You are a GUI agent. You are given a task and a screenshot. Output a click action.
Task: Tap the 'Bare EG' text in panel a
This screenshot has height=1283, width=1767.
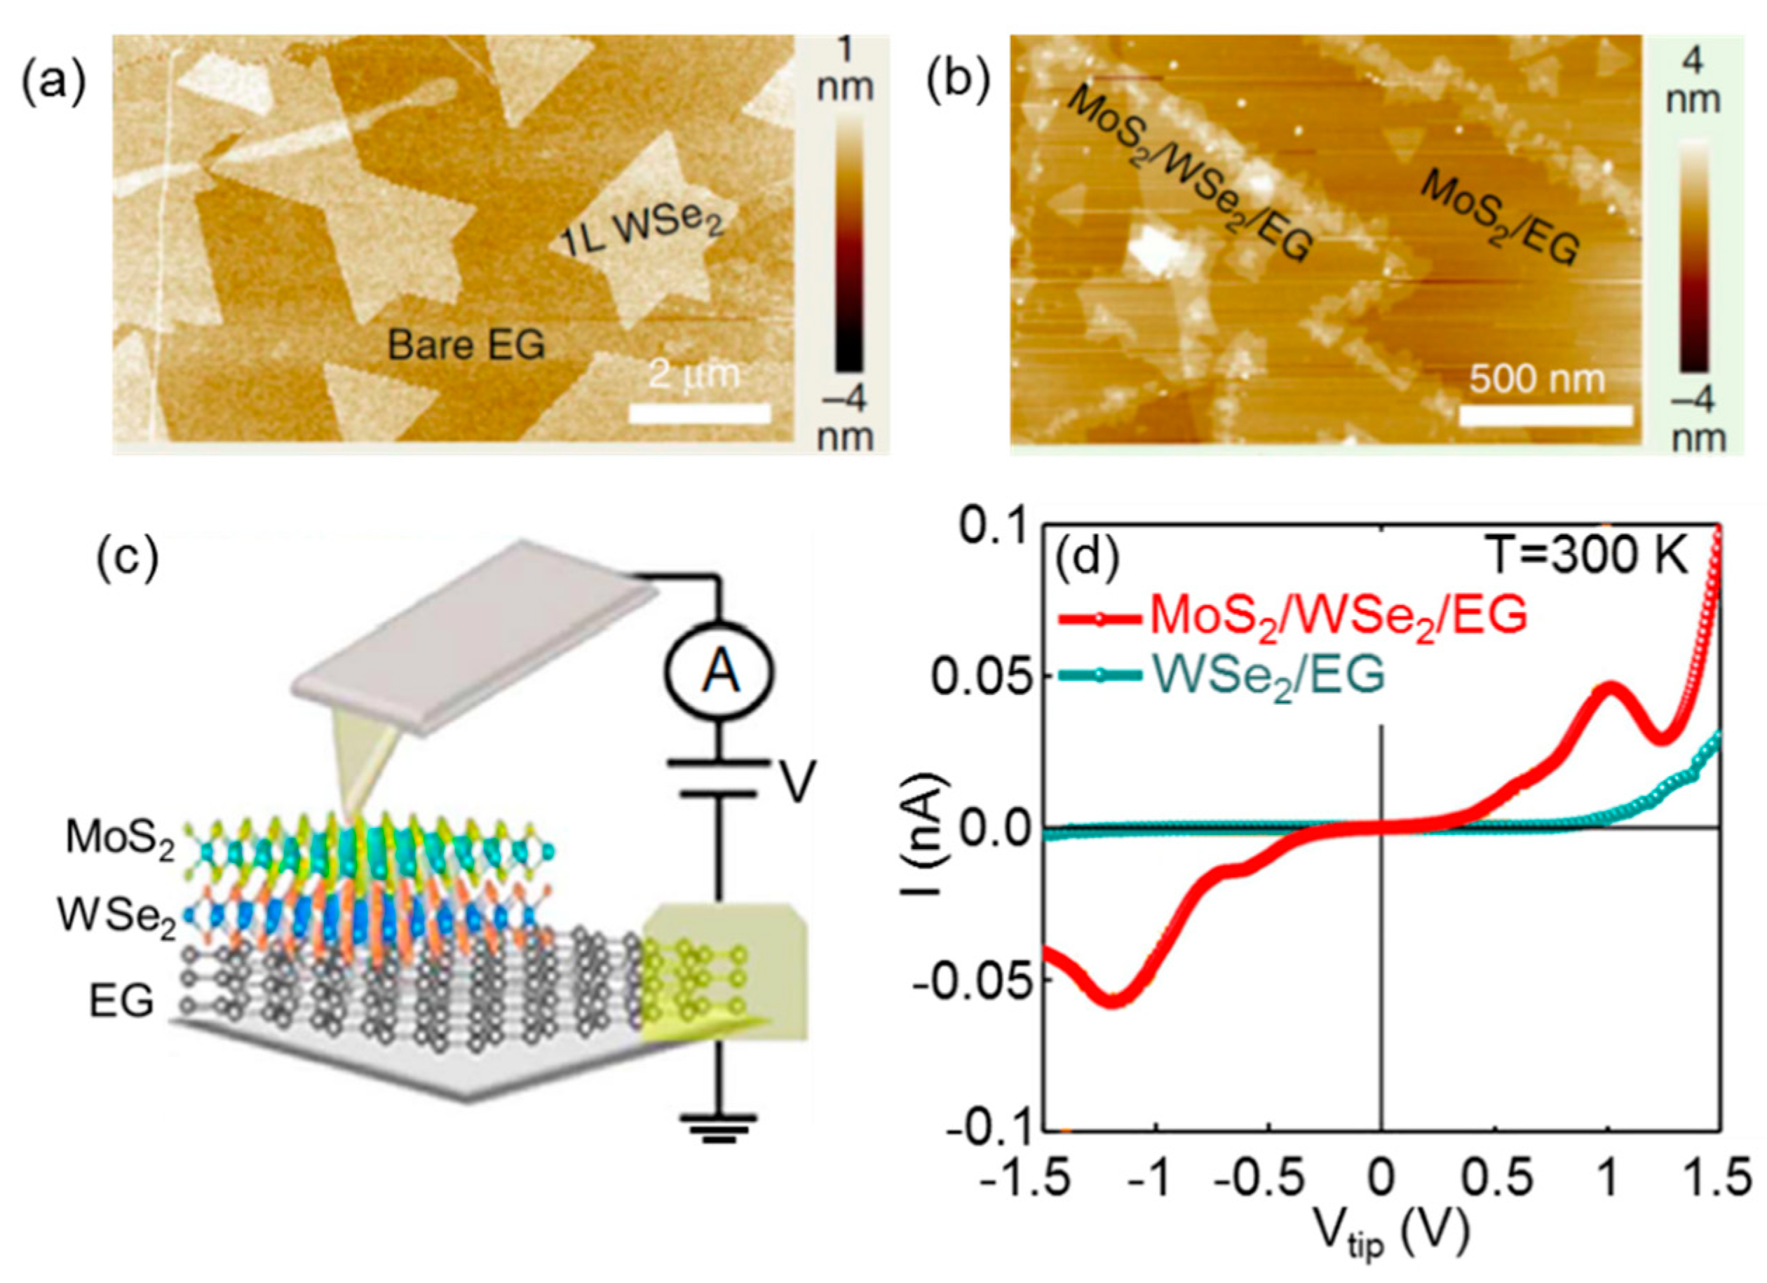pyautogui.click(x=466, y=344)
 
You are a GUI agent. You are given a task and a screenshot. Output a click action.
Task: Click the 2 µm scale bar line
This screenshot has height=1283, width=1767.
pyautogui.click(x=699, y=414)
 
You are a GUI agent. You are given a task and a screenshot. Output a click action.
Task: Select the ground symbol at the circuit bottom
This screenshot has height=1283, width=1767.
pyautogui.click(x=717, y=1127)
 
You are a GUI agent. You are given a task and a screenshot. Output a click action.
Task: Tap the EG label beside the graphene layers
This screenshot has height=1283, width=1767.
pyautogui.click(x=121, y=1002)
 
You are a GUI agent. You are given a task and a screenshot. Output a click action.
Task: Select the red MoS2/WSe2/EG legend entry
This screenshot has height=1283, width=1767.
pyautogui.click(x=1293, y=616)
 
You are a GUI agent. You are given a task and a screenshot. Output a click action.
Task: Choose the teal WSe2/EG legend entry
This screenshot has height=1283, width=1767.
pyautogui.click(x=1223, y=675)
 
